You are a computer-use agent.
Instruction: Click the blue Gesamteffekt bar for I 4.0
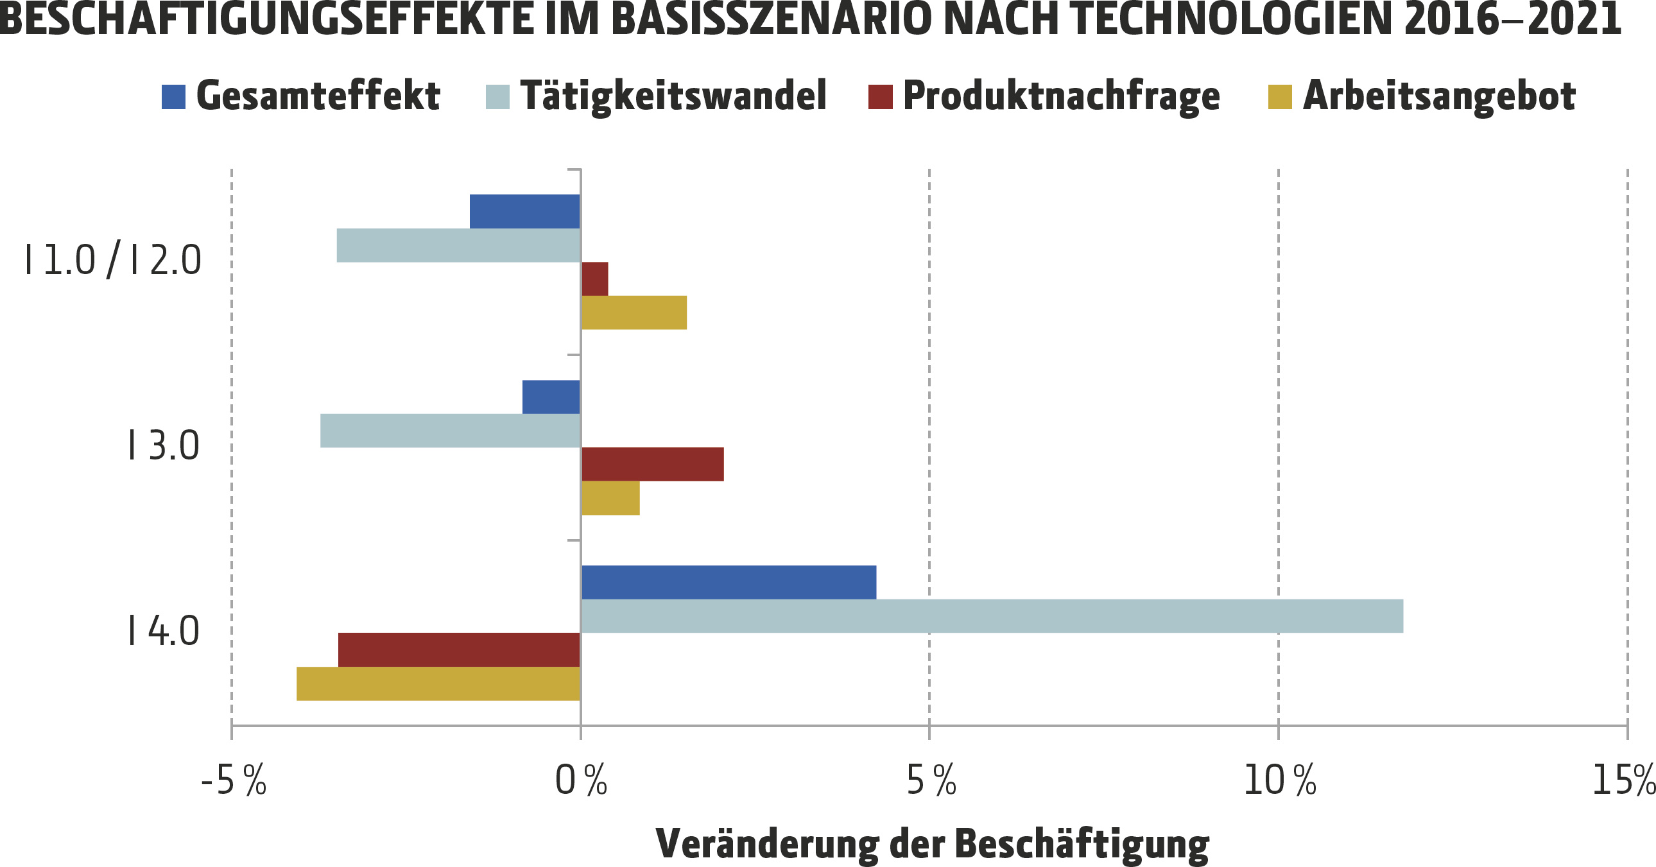click(x=729, y=582)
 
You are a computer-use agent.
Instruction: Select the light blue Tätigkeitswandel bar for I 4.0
click(x=992, y=615)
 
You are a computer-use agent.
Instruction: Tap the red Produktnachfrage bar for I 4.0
click(x=459, y=649)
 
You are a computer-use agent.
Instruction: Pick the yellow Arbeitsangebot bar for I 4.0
click(x=438, y=683)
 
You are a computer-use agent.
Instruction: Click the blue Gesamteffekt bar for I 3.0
click(x=551, y=397)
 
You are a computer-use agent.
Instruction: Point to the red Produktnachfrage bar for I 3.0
click(x=653, y=464)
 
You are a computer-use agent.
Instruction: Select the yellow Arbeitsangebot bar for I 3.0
click(x=610, y=498)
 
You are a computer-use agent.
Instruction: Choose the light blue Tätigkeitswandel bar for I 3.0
click(x=450, y=431)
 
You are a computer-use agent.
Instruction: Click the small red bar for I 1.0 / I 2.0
click(x=594, y=279)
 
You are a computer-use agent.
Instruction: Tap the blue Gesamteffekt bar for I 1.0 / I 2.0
click(x=524, y=211)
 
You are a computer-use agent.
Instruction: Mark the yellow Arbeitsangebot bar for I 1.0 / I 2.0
click(x=634, y=313)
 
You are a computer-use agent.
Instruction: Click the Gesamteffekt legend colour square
click(x=173, y=97)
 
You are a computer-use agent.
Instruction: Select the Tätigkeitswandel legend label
click(x=673, y=96)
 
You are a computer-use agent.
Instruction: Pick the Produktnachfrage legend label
click(x=1062, y=96)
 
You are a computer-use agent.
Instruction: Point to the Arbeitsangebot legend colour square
click(x=1280, y=97)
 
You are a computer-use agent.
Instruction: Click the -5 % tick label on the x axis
click(x=234, y=781)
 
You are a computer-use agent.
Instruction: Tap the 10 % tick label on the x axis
click(x=1280, y=781)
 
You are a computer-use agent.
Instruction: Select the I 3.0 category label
click(x=164, y=446)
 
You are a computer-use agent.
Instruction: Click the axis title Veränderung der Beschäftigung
click(x=932, y=843)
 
